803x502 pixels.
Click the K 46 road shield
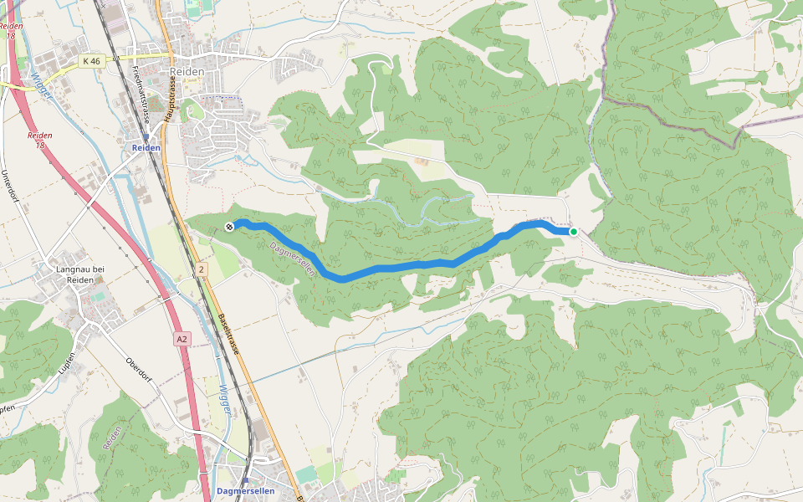tap(92, 61)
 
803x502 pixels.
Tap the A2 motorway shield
tap(182, 339)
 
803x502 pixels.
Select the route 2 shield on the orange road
tap(202, 269)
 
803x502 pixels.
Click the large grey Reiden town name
tap(186, 73)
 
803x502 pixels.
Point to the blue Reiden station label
tap(146, 148)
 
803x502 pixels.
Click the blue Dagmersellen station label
tap(245, 491)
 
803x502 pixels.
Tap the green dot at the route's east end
tap(574, 232)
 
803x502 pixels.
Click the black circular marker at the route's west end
tap(229, 226)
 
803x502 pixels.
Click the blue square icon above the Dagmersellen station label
tap(246, 479)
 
